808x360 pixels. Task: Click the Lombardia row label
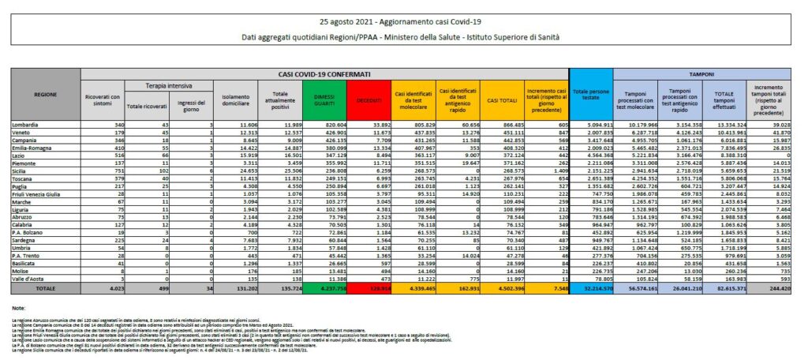pyautogui.click(x=27, y=125)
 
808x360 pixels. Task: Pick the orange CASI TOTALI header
pyautogui.click(x=502, y=100)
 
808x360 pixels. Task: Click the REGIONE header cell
pyautogui.click(x=45, y=94)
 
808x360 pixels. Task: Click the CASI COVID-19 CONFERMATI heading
pyautogui.click(x=346, y=73)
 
